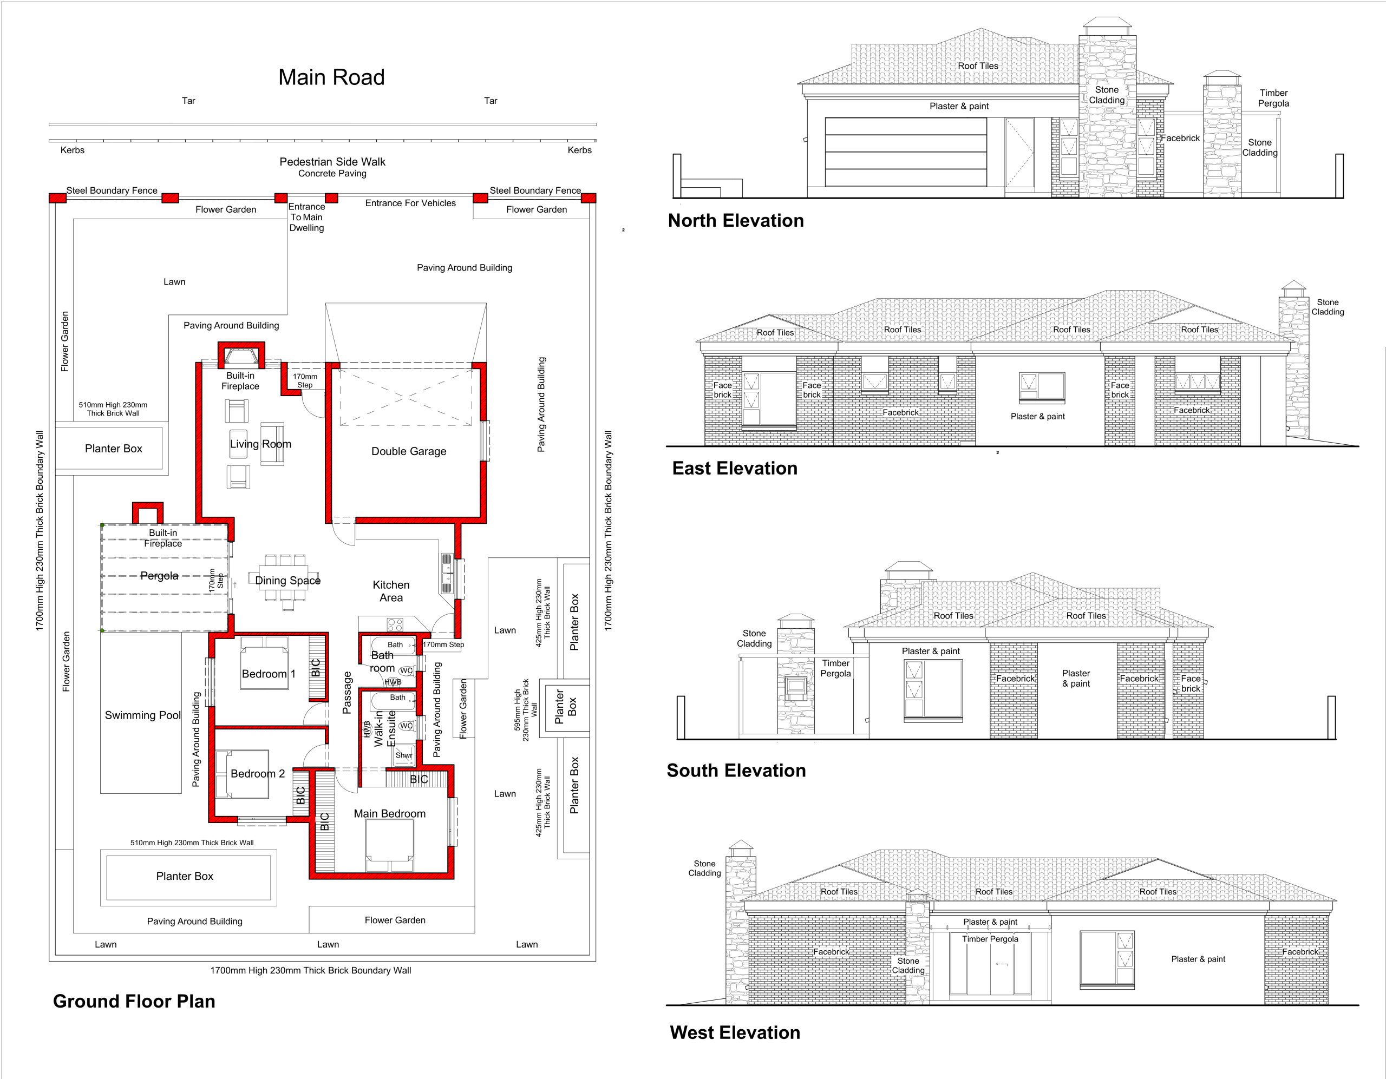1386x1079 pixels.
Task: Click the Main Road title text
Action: click(x=331, y=77)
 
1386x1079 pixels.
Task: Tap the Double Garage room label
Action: click(x=409, y=451)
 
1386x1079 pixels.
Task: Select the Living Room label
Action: click(x=261, y=444)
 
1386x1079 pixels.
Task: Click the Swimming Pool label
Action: click(x=143, y=715)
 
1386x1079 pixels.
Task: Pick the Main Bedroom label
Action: click(x=390, y=813)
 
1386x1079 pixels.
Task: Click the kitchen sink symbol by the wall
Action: click(x=447, y=574)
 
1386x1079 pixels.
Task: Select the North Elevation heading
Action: click(x=736, y=221)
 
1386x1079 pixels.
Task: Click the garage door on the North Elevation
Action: click(x=906, y=152)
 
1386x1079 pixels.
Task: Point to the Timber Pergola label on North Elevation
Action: click(x=1274, y=98)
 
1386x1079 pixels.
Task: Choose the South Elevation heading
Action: click(x=736, y=771)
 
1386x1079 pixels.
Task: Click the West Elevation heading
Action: click(x=735, y=1032)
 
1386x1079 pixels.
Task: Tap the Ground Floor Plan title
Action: click(x=134, y=1002)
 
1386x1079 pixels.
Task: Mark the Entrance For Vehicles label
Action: click(x=410, y=203)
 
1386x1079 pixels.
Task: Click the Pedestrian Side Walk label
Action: click(x=332, y=162)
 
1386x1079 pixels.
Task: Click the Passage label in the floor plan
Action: click(x=346, y=693)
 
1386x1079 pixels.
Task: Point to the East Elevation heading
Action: click(x=735, y=468)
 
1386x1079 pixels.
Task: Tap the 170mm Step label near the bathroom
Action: click(x=443, y=644)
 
